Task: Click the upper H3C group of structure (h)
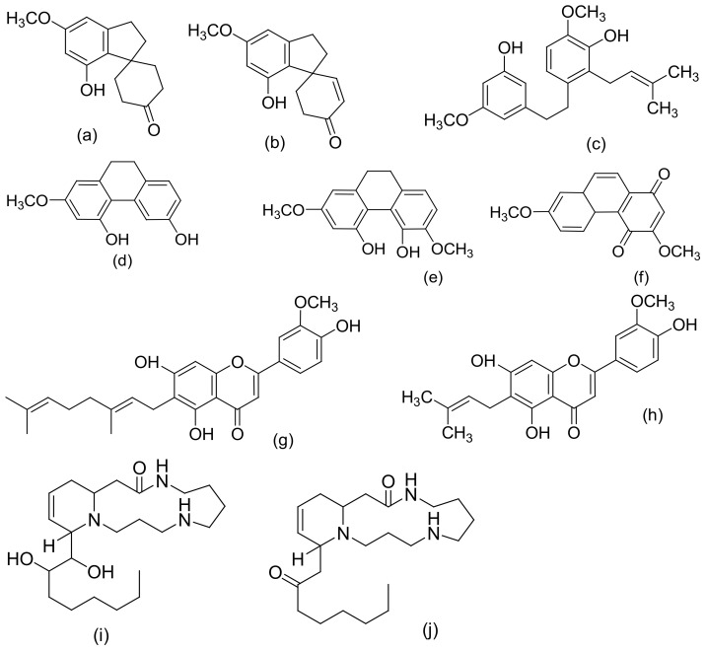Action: tap(427, 395)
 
